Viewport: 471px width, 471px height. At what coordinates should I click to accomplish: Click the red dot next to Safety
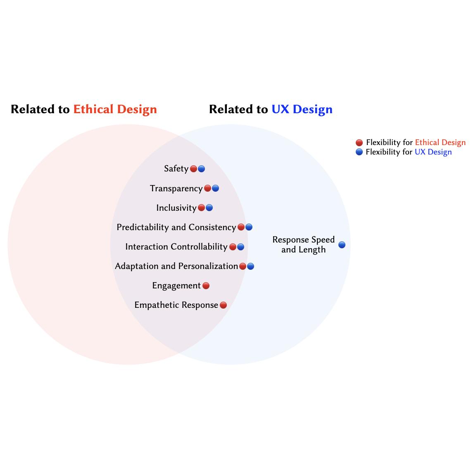tap(193, 169)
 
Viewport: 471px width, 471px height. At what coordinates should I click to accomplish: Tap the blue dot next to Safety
tap(201, 169)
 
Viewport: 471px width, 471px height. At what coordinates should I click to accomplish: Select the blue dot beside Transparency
tap(215, 188)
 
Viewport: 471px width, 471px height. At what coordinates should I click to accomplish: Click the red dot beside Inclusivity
tap(201, 208)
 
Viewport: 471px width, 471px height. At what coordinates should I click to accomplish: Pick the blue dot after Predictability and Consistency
tap(249, 227)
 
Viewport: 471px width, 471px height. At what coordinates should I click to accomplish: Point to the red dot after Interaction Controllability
tap(233, 247)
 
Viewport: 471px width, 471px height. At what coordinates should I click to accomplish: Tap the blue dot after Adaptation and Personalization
tap(250, 266)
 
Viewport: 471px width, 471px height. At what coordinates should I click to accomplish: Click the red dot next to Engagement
tap(206, 286)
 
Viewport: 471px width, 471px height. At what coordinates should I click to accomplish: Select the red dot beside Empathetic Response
tap(223, 305)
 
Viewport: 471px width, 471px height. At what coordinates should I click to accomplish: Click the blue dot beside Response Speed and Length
tap(342, 245)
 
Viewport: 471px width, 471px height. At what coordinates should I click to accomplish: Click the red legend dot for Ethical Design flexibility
tap(359, 143)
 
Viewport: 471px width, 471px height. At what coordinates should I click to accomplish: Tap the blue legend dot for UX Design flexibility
tap(359, 152)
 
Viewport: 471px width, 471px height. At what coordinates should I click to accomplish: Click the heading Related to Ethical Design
tap(84, 109)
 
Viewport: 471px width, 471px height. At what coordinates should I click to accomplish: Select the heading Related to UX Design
tap(271, 109)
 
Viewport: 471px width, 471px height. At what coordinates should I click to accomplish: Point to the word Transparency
tap(176, 188)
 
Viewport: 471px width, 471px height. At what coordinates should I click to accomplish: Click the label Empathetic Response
tap(176, 305)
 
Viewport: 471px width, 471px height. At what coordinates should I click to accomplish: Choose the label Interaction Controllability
tap(176, 247)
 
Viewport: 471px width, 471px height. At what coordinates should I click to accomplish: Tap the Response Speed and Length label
tap(304, 245)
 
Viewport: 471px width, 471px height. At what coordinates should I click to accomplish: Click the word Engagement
tap(176, 286)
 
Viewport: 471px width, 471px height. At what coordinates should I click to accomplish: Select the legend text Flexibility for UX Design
tap(409, 152)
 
